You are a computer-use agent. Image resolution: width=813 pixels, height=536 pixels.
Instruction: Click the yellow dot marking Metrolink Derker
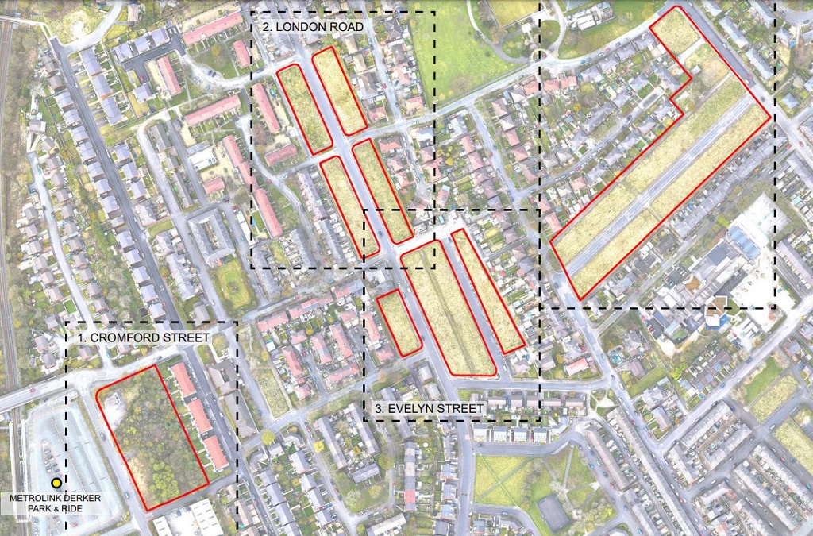[x=56, y=482]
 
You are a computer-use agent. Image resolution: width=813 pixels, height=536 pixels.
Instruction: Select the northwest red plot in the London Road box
[x=304, y=109]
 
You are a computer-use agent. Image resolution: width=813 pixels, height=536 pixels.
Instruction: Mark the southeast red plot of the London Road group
[x=383, y=191]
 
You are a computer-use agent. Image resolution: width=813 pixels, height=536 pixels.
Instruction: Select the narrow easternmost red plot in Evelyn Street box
[x=487, y=290]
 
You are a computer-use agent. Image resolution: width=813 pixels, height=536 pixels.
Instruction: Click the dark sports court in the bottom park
[x=553, y=512]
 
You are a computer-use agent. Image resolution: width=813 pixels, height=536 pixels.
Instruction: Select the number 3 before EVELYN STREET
[x=378, y=409]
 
